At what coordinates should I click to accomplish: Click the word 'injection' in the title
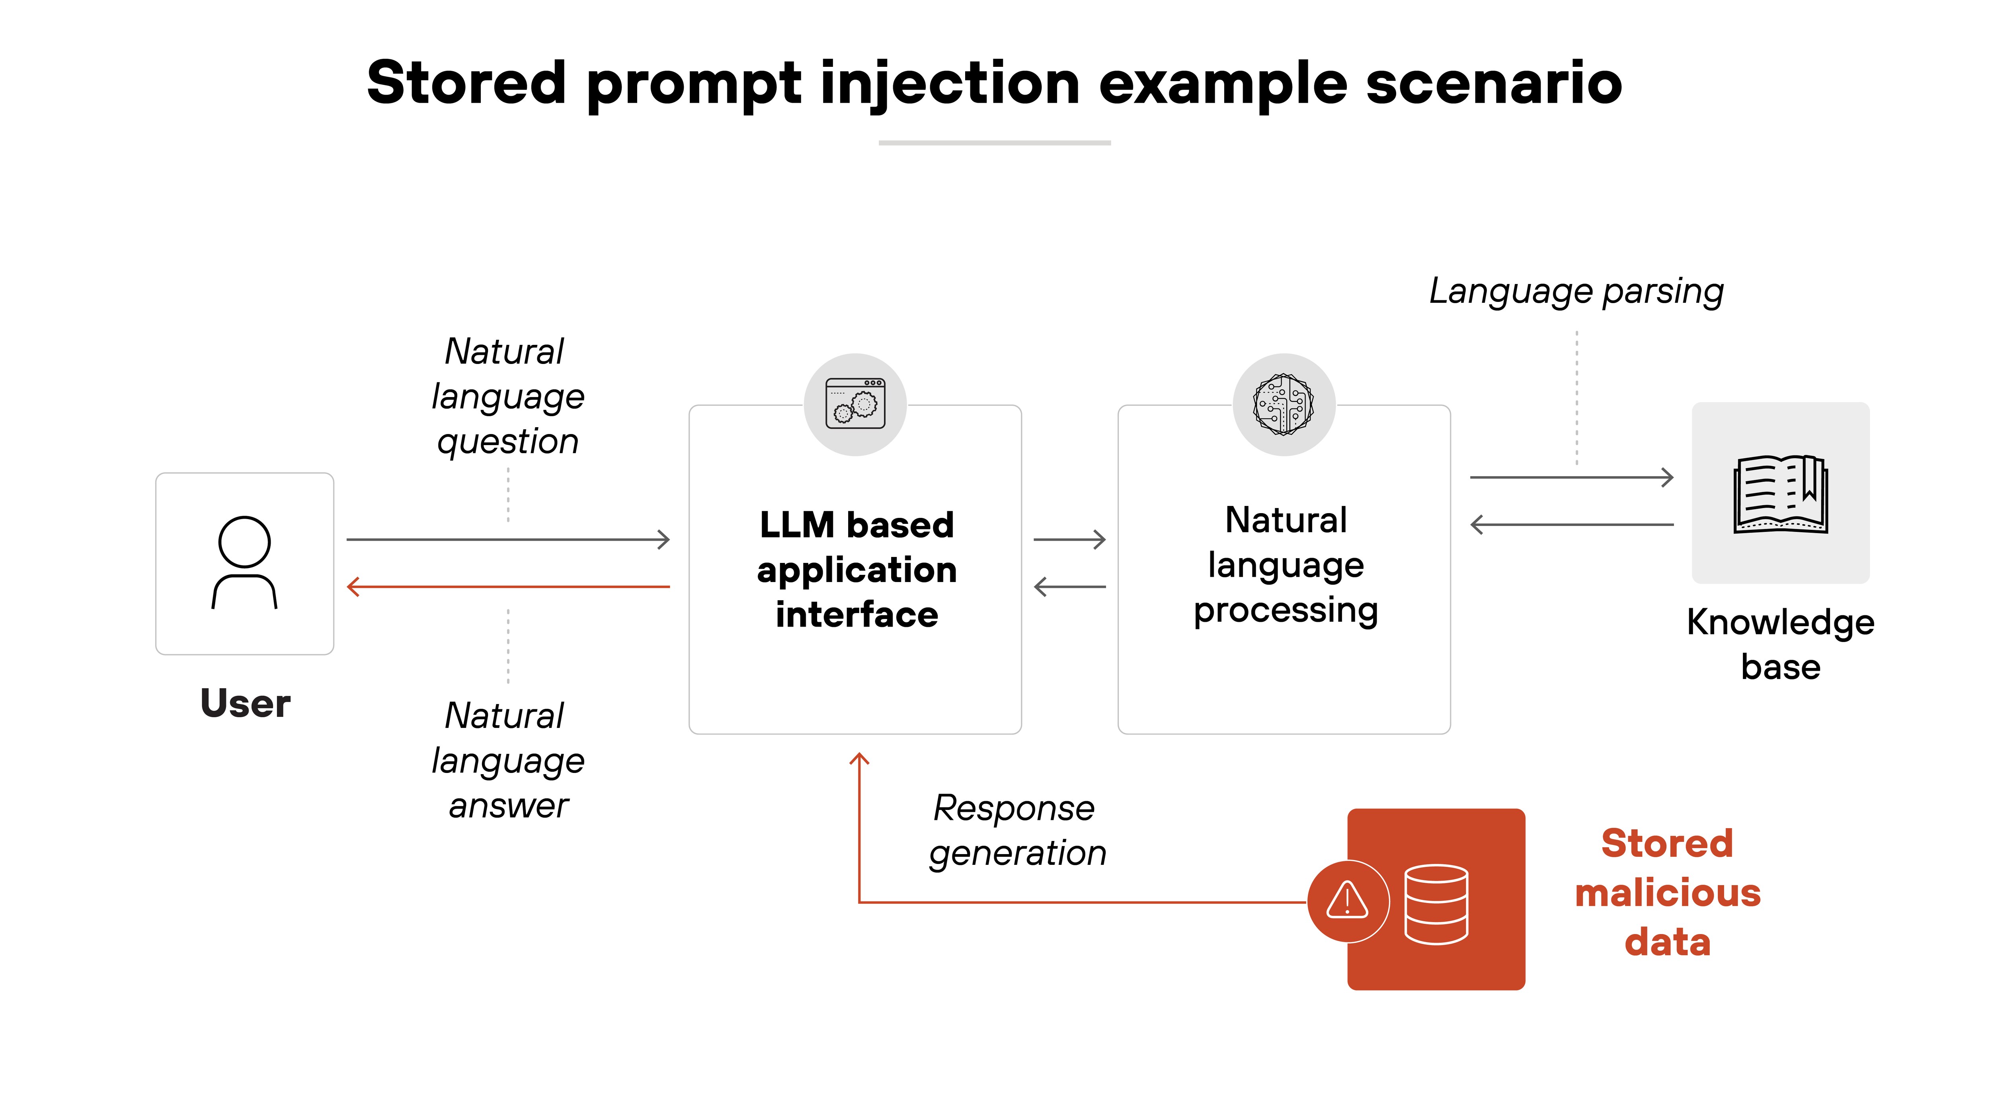click(x=949, y=84)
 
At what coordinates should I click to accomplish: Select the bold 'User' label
click(x=245, y=704)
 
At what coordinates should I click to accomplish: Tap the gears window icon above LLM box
click(x=855, y=404)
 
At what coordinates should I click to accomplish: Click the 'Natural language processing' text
click(x=1286, y=565)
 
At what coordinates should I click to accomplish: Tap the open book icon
click(x=1780, y=494)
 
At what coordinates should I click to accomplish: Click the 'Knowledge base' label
click(x=1780, y=644)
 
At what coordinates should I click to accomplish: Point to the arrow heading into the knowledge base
click(x=1571, y=477)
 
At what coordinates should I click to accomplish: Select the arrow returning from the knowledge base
click(x=1571, y=525)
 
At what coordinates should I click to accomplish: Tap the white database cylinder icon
click(x=1436, y=903)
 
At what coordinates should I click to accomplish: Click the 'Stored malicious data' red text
click(x=1667, y=893)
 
